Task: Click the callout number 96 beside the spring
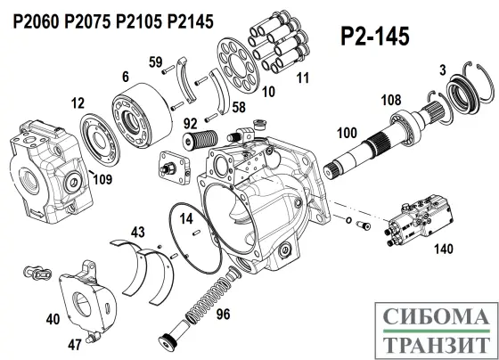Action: tap(223, 313)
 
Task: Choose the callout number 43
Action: tap(135, 233)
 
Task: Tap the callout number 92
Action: tap(192, 124)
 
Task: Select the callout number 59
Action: tap(156, 61)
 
